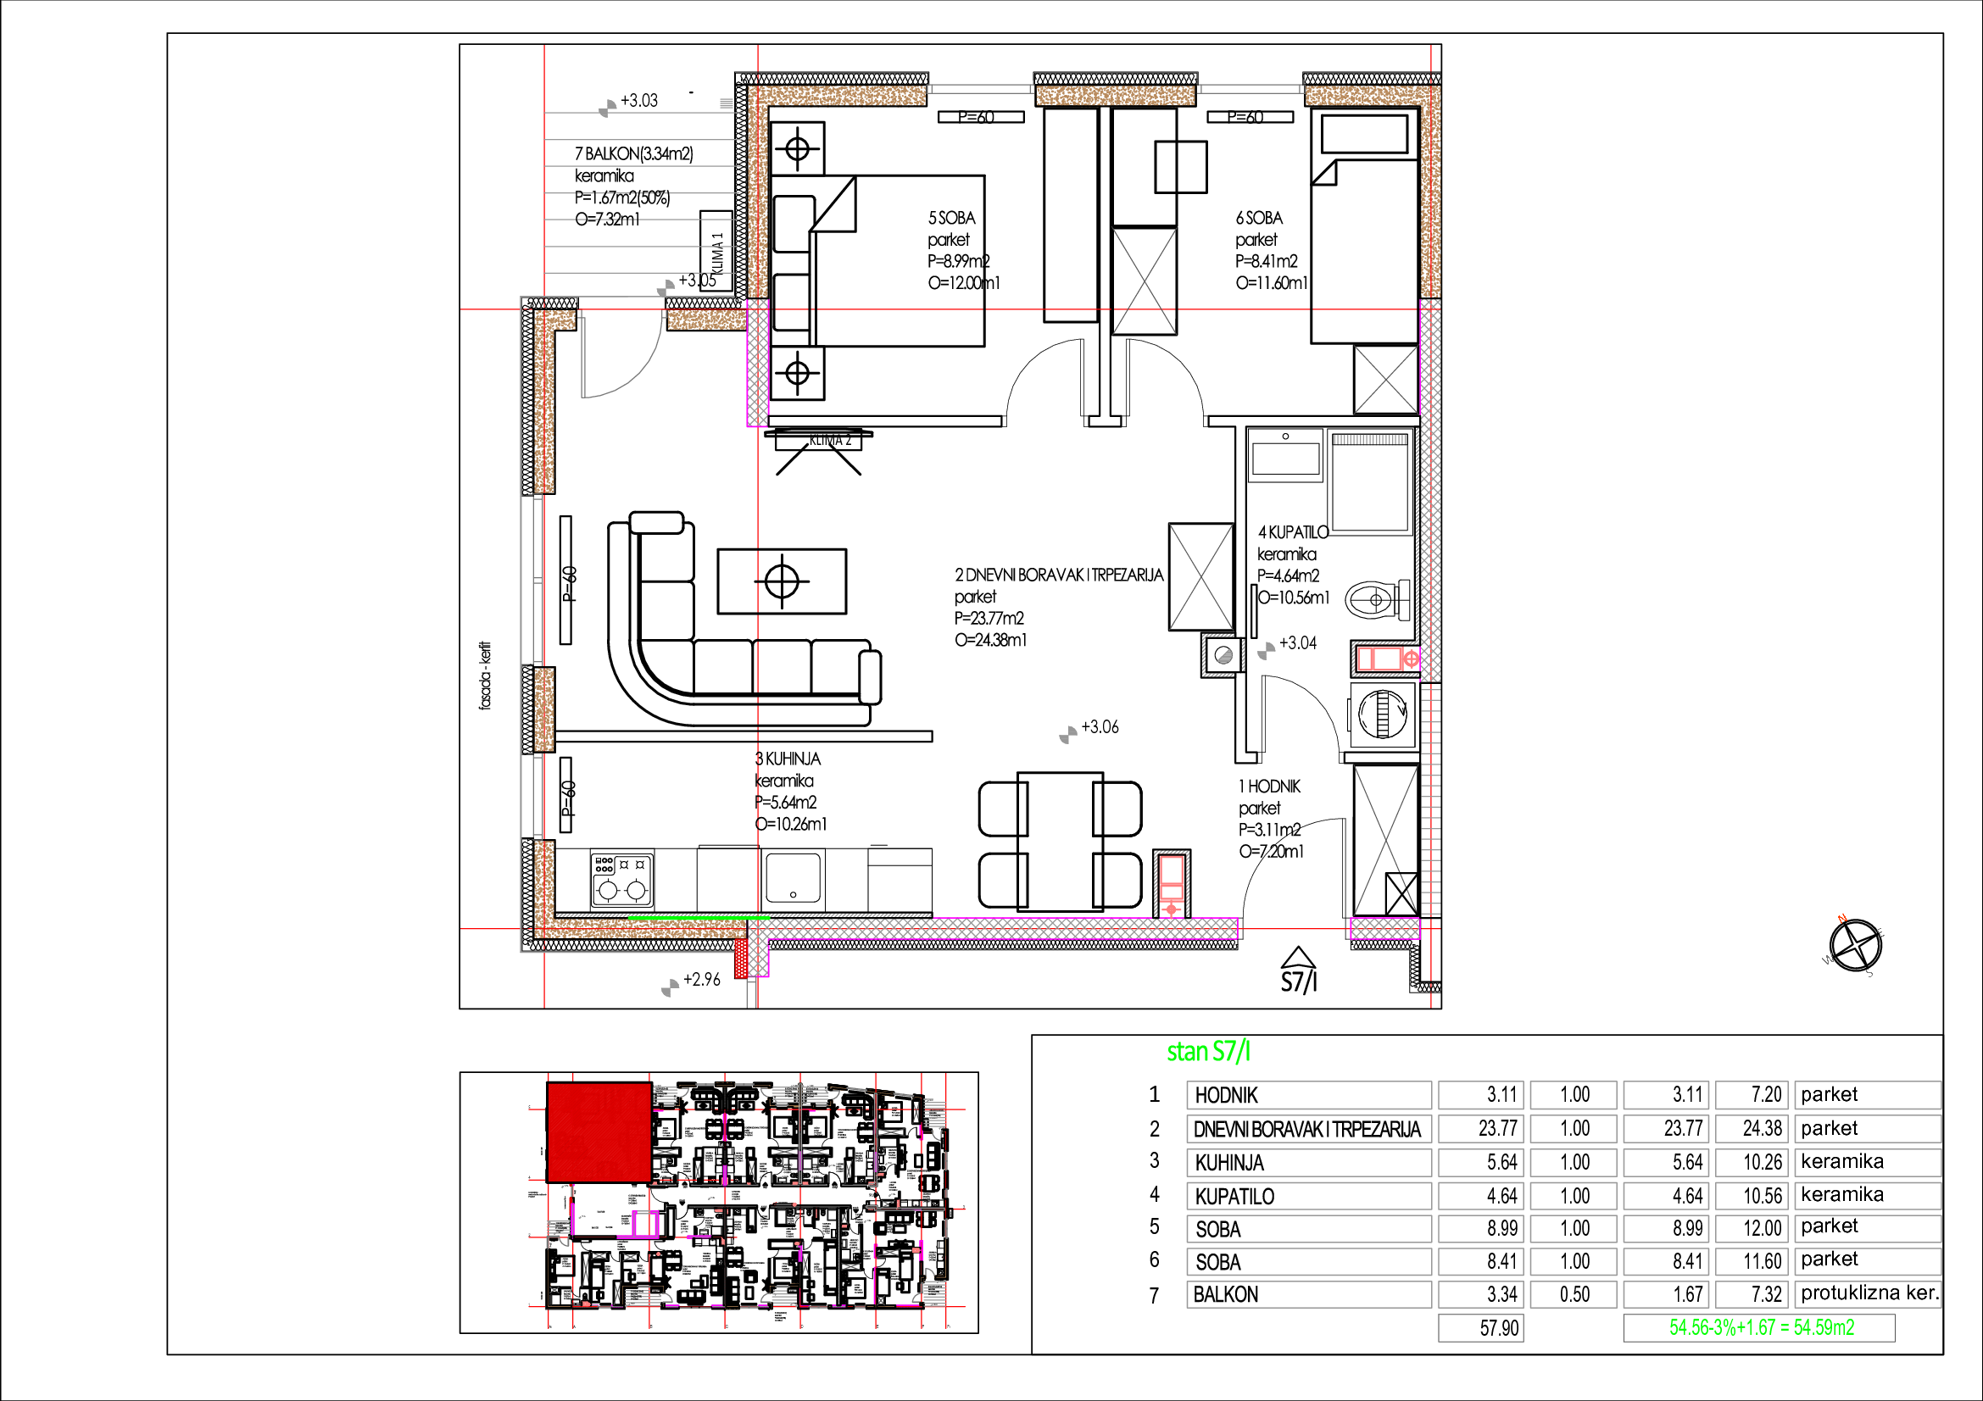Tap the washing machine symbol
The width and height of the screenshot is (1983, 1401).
point(1383,714)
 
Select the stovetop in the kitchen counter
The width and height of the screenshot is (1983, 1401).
point(621,880)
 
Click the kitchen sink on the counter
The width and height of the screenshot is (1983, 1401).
point(792,878)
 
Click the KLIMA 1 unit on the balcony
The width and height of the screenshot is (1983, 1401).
point(716,251)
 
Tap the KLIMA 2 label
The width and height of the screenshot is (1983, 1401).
point(830,440)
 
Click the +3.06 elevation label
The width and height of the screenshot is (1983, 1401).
point(1100,728)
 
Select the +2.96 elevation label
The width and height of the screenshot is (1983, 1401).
point(701,980)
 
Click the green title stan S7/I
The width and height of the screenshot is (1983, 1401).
point(1208,1053)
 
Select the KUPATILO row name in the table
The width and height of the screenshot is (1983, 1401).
point(1234,1197)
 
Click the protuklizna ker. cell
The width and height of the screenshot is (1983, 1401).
point(1869,1293)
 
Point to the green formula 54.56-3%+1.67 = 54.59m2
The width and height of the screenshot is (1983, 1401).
point(1761,1327)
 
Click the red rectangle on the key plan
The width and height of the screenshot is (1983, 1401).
point(599,1131)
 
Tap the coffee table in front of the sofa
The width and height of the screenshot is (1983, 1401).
point(782,581)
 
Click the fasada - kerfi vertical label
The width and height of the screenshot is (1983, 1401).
point(486,675)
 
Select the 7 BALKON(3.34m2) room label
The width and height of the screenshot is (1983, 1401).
point(634,153)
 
